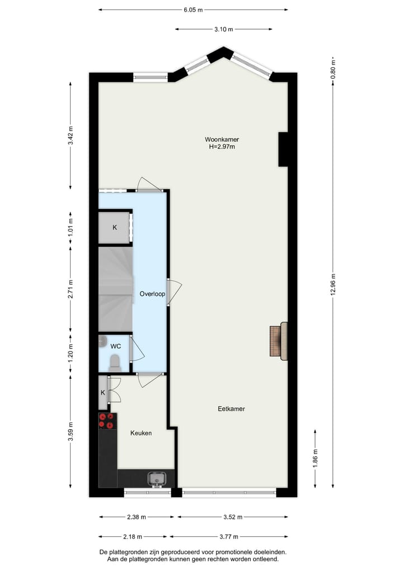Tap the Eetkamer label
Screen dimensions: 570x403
point(231,409)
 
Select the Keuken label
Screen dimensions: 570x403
point(141,433)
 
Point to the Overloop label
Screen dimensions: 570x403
point(152,293)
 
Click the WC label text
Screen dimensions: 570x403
point(115,346)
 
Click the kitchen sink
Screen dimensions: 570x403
point(157,479)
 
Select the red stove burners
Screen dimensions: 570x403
point(107,420)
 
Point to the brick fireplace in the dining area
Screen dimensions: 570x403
point(275,341)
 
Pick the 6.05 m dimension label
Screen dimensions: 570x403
point(193,10)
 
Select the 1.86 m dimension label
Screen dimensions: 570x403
point(315,458)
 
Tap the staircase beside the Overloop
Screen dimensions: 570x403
point(115,290)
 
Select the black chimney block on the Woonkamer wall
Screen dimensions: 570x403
point(283,149)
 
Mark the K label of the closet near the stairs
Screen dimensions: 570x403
point(115,228)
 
